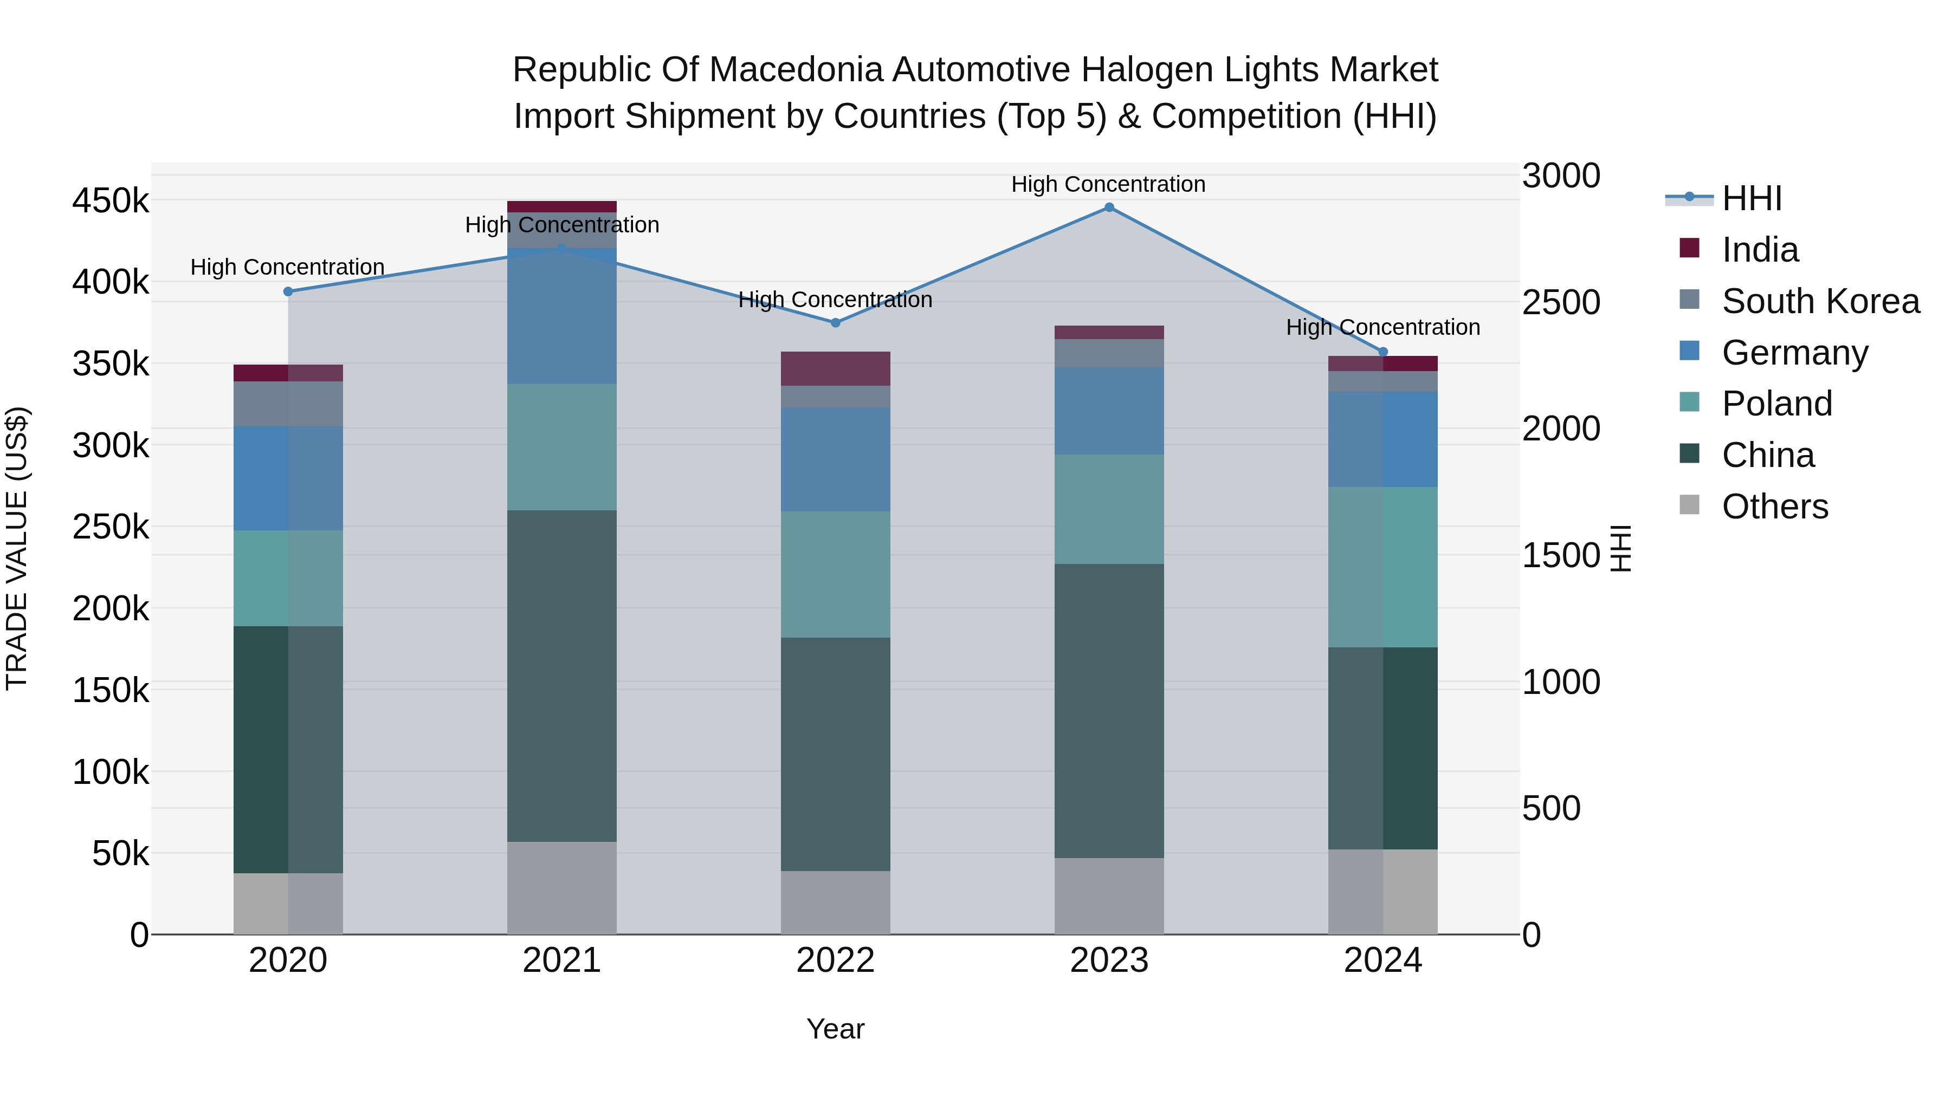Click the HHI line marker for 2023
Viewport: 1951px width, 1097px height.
point(1109,207)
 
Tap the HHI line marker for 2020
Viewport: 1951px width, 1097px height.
point(288,291)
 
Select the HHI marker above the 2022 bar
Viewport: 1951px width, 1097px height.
point(835,322)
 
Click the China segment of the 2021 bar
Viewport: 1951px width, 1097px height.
point(561,676)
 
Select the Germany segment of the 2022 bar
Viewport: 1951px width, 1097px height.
point(835,459)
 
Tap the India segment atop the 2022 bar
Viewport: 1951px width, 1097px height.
point(835,369)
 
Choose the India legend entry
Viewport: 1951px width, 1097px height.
point(1759,250)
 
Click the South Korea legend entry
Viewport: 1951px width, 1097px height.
point(1819,301)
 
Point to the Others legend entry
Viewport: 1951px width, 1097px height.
point(1774,507)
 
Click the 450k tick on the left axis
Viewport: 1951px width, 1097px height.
point(111,202)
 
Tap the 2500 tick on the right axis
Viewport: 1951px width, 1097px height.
point(1560,302)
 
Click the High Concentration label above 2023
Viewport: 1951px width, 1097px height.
point(1108,184)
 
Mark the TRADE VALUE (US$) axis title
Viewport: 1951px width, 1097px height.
point(17,548)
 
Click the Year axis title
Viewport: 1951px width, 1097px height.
point(835,1029)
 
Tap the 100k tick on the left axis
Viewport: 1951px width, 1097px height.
point(111,772)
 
